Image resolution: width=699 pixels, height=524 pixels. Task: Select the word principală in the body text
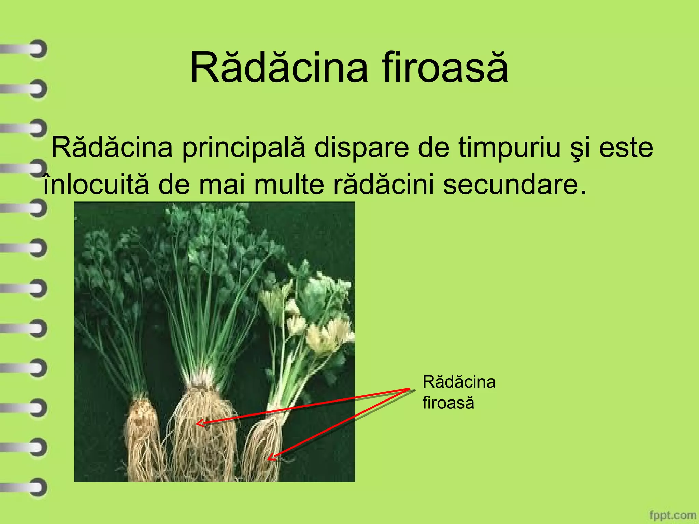tap(243, 148)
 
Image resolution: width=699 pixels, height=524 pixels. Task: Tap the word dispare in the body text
tap(361, 148)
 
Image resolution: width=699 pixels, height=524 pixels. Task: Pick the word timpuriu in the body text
tap(509, 148)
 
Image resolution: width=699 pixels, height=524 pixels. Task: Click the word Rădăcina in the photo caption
tap(459, 382)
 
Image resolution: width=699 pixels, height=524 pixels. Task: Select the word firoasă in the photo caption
tap(448, 403)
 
